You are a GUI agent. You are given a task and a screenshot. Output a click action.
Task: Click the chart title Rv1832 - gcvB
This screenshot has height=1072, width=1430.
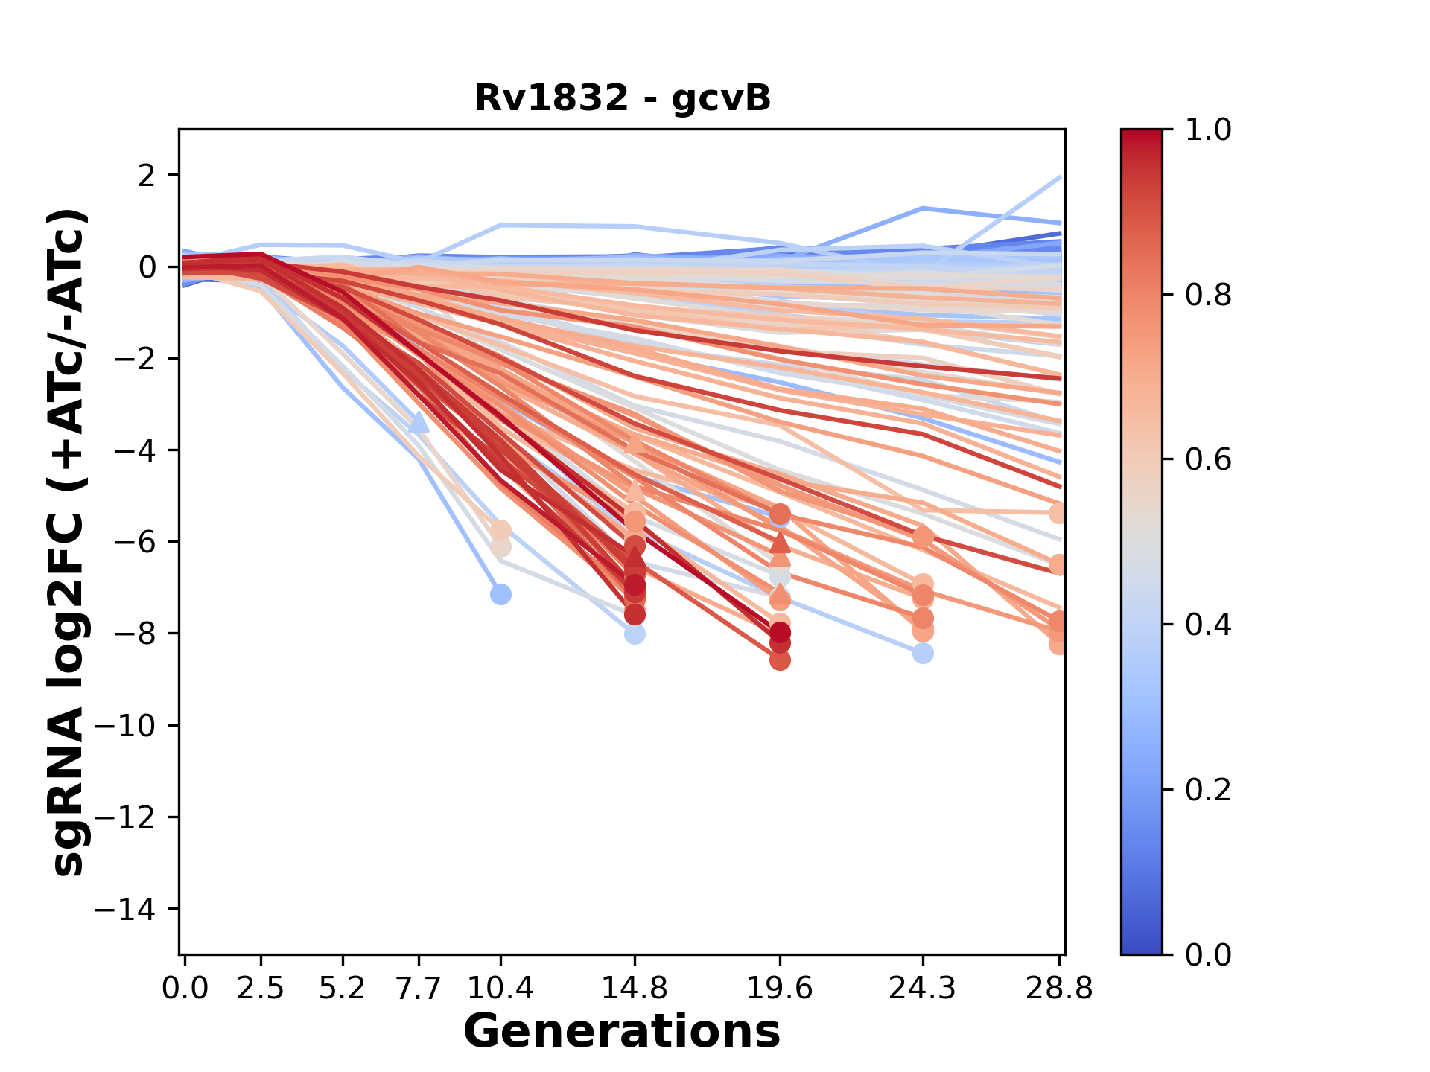pyautogui.click(x=622, y=98)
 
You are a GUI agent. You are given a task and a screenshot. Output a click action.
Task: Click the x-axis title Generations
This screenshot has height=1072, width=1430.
pyautogui.click(x=622, y=1032)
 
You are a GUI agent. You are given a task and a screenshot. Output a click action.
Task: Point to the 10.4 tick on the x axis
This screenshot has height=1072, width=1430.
pyautogui.click(x=500, y=989)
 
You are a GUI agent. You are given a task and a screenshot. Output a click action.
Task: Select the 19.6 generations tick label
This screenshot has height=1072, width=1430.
pyautogui.click(x=780, y=989)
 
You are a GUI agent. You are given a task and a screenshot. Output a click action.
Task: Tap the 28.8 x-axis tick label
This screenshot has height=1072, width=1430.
pyautogui.click(x=1059, y=989)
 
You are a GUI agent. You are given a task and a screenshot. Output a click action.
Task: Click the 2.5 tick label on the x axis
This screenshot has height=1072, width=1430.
pyautogui.click(x=261, y=989)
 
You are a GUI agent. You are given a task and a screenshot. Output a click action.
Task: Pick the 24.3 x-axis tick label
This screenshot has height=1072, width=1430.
pyautogui.click(x=923, y=989)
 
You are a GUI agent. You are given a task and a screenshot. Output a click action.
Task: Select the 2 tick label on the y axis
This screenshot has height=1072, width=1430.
pyautogui.click(x=147, y=176)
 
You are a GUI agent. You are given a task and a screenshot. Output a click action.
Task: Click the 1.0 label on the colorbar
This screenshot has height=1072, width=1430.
pyautogui.click(x=1208, y=130)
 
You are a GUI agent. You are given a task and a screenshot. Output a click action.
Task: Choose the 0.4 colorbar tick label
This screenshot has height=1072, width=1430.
pyautogui.click(x=1208, y=625)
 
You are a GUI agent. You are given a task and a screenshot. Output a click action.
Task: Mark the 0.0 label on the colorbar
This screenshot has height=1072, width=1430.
pyautogui.click(x=1208, y=954)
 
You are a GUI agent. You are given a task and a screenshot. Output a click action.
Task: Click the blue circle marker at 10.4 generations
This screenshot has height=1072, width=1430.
pyautogui.click(x=500, y=594)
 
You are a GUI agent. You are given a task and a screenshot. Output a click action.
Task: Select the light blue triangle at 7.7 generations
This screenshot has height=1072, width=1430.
pyautogui.click(x=419, y=423)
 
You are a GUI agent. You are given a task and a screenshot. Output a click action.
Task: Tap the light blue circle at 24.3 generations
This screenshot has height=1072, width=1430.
pyautogui.click(x=923, y=653)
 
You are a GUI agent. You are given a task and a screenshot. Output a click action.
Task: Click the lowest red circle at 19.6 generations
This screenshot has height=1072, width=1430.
pyautogui.click(x=780, y=660)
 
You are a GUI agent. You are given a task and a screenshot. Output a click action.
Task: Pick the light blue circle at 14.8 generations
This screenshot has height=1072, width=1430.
pyautogui.click(x=635, y=634)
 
